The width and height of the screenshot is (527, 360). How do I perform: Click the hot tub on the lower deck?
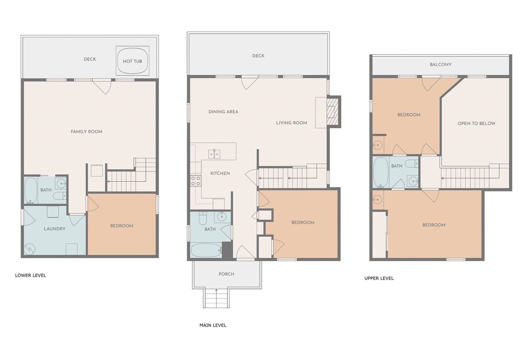(x=133, y=61)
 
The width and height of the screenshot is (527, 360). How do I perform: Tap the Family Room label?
(x=87, y=132)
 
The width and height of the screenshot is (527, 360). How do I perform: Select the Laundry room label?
(x=54, y=229)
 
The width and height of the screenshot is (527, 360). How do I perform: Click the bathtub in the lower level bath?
(x=31, y=191)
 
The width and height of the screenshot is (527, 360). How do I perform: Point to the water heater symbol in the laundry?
(x=29, y=249)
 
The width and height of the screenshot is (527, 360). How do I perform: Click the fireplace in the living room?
(x=333, y=112)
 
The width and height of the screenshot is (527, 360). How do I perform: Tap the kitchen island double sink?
(x=214, y=154)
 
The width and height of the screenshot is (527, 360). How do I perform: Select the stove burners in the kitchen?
(x=196, y=180)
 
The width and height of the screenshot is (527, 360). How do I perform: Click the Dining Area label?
(x=223, y=112)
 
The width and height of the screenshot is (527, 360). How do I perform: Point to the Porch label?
(x=226, y=274)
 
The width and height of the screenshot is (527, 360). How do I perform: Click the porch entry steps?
(x=216, y=298)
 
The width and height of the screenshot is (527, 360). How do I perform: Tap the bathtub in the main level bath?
(x=206, y=250)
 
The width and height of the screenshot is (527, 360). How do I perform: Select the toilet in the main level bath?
(x=202, y=218)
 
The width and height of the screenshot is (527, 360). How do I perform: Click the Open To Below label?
(x=476, y=123)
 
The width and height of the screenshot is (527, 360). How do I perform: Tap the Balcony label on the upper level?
(x=440, y=65)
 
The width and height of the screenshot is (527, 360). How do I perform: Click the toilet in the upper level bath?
(x=412, y=163)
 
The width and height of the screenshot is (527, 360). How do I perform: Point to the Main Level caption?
(x=213, y=325)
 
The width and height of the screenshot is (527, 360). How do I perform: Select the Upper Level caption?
(x=379, y=278)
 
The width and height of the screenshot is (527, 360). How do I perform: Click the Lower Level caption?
(x=31, y=275)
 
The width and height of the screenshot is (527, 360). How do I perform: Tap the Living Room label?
(x=292, y=123)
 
